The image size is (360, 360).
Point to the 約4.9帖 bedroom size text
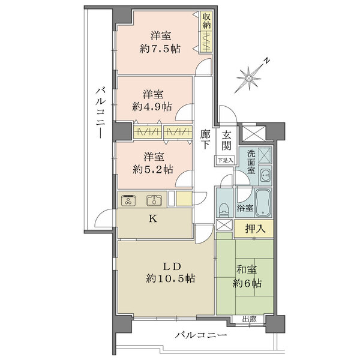tap(153, 106)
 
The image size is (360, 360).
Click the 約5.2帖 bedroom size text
tap(153, 168)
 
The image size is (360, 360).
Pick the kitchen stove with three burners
tap(129, 200)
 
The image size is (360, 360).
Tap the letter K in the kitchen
tap(153, 219)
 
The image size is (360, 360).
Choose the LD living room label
tap(170, 266)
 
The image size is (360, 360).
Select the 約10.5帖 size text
tap(170, 278)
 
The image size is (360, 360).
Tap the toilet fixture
tap(224, 208)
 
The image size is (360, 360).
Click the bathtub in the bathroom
tap(263, 199)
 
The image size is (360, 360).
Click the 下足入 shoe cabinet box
tap(224, 160)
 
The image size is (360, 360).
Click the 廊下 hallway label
tap(205, 139)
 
